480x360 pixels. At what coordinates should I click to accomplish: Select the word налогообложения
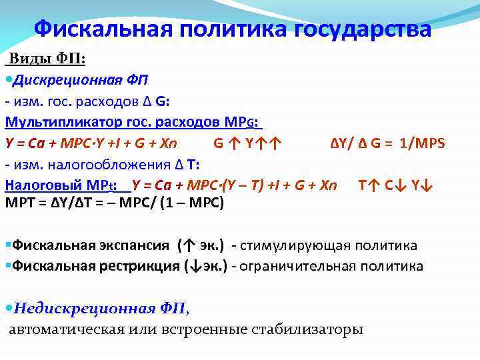coord(111,164)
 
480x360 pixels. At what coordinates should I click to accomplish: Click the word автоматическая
coord(66,329)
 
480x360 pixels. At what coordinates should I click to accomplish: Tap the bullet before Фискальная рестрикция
coord(7,266)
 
